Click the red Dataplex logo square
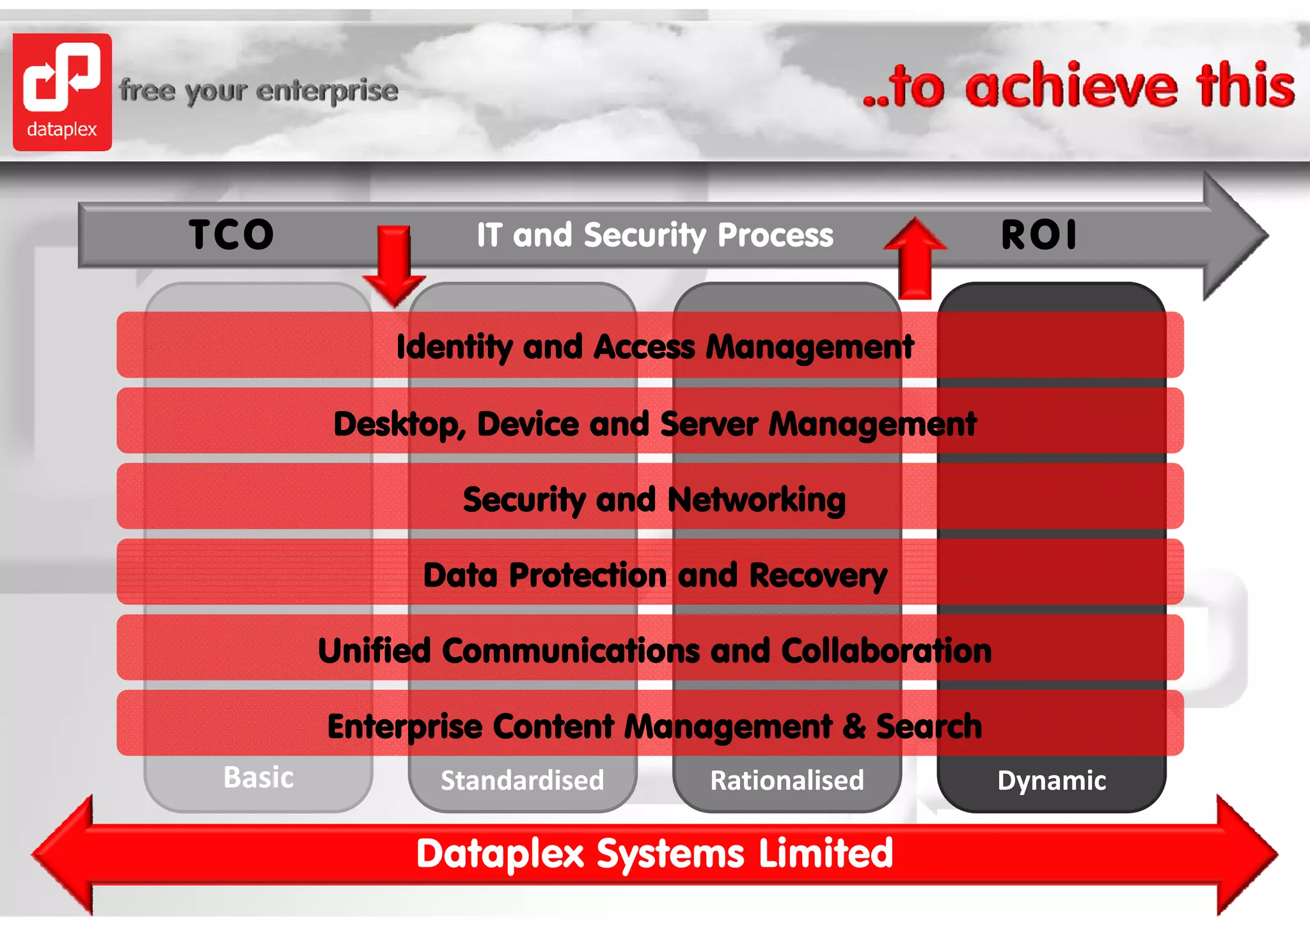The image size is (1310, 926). tap(62, 92)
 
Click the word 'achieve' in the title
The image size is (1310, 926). tap(1071, 87)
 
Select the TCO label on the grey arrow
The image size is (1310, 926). tap(232, 234)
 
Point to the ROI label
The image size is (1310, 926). tap(1039, 234)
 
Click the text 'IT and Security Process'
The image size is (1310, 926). tap(655, 235)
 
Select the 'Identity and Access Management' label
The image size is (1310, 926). tap(655, 347)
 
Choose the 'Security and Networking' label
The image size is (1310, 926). tap(654, 500)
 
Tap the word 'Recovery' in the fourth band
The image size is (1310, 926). tap(818, 575)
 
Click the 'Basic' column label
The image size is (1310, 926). tap(258, 778)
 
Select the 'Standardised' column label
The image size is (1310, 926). tap(522, 781)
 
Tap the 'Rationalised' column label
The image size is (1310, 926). tap(787, 781)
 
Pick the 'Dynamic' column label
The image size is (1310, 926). tap(1052, 781)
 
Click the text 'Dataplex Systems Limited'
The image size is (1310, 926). tap(654, 854)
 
